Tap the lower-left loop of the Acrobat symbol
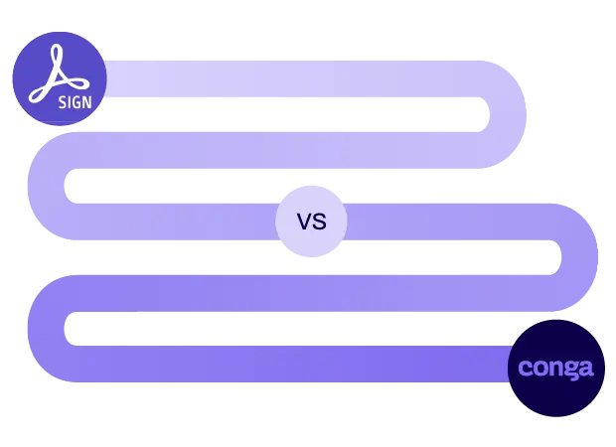click(39, 94)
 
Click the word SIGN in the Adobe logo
click(76, 102)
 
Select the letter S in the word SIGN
click(62, 102)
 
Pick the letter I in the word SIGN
click(70, 102)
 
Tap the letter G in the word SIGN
click(77, 102)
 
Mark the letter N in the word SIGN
click(87, 102)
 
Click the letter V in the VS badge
click(304, 222)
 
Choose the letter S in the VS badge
click(320, 222)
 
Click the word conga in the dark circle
click(555, 369)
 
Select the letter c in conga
click(526, 368)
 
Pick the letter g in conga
click(571, 370)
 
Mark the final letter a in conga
click(586, 368)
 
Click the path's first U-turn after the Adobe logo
click(508, 114)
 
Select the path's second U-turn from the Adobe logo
click(46, 186)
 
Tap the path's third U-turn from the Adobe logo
click(579, 257)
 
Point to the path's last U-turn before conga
click(46, 329)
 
